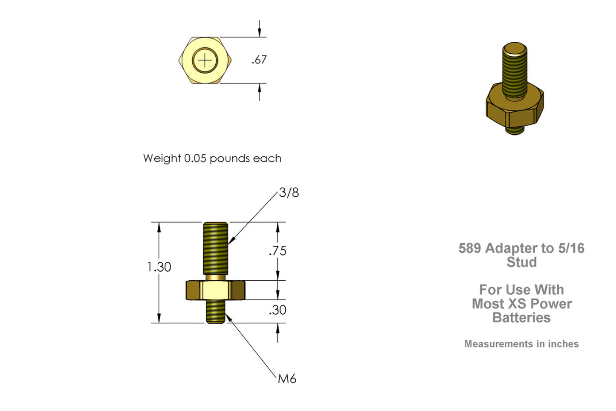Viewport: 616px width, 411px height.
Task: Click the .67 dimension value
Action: click(x=259, y=60)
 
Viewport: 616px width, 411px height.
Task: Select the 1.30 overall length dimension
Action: click(x=159, y=267)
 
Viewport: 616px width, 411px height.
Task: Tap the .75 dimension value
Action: click(x=278, y=251)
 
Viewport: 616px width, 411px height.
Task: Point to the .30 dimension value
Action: click(x=278, y=310)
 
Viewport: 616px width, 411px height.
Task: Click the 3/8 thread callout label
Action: click(x=289, y=193)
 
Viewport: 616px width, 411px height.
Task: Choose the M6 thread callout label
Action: click(x=287, y=379)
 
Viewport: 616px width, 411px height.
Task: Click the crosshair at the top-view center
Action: click(x=205, y=60)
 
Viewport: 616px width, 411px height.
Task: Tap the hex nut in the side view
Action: click(x=215, y=290)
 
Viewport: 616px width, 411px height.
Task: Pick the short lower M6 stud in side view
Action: click(x=216, y=311)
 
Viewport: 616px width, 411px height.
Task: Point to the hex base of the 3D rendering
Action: click(x=515, y=109)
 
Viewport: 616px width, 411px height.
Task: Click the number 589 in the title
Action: click(x=469, y=248)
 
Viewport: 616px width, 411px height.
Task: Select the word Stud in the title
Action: click(x=521, y=262)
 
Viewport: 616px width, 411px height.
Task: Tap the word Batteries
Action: click(x=521, y=318)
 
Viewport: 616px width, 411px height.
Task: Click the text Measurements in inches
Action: click(x=521, y=344)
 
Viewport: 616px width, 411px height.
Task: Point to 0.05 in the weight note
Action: click(x=195, y=158)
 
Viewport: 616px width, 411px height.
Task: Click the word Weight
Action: click(x=162, y=158)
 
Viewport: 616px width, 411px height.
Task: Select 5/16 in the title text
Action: click(x=571, y=248)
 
